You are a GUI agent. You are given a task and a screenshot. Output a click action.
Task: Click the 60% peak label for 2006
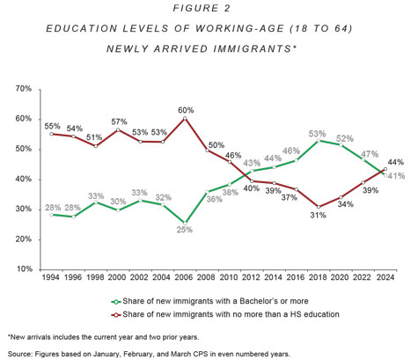tap(186, 110)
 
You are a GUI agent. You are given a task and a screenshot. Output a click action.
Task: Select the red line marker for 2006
tap(185, 118)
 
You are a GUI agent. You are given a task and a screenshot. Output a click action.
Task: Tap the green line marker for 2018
tap(319, 141)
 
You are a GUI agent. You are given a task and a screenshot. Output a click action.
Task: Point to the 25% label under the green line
tap(185, 230)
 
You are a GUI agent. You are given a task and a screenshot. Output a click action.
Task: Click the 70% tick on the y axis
tap(24, 89)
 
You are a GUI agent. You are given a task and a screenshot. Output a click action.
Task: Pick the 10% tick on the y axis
tap(24, 269)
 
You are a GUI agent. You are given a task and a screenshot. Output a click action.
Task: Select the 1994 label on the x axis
tap(51, 277)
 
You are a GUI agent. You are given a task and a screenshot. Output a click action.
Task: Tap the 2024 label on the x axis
tap(385, 277)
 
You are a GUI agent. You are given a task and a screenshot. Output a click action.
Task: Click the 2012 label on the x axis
tap(252, 277)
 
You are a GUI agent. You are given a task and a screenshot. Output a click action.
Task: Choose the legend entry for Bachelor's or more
tap(210, 301)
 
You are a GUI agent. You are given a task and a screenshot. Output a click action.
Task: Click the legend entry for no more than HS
tap(225, 314)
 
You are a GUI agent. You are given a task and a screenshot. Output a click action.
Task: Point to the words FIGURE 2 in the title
tap(202, 8)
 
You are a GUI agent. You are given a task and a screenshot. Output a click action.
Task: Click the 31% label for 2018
tap(318, 216)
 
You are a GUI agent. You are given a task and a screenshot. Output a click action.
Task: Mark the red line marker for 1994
tap(51, 134)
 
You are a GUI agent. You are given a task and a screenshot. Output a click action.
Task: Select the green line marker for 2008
tap(207, 192)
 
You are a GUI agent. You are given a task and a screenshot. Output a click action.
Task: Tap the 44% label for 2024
tap(396, 162)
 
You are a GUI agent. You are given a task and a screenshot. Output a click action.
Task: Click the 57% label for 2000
tap(119, 121)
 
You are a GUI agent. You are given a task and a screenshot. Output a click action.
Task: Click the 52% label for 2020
tap(345, 138)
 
